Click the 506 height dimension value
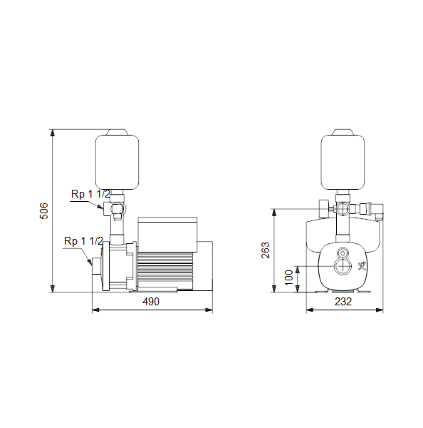coord(43,210)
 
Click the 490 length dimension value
coord(151,302)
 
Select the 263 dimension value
coord(265,250)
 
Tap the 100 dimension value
coord(288,277)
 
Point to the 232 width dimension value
coord(343,302)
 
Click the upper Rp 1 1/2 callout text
coord(90,194)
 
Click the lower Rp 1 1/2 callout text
coord(83,241)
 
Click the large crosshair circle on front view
coord(343,266)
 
